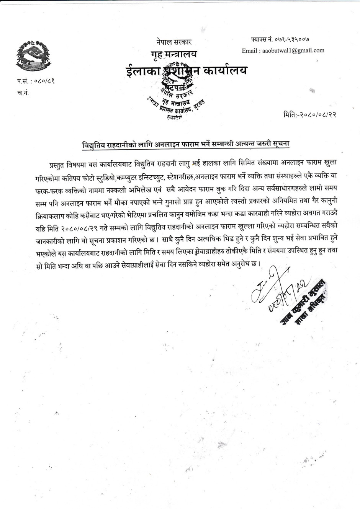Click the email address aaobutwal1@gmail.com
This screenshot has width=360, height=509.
click(x=283, y=50)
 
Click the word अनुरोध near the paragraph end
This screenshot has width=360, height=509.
click(x=241, y=264)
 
